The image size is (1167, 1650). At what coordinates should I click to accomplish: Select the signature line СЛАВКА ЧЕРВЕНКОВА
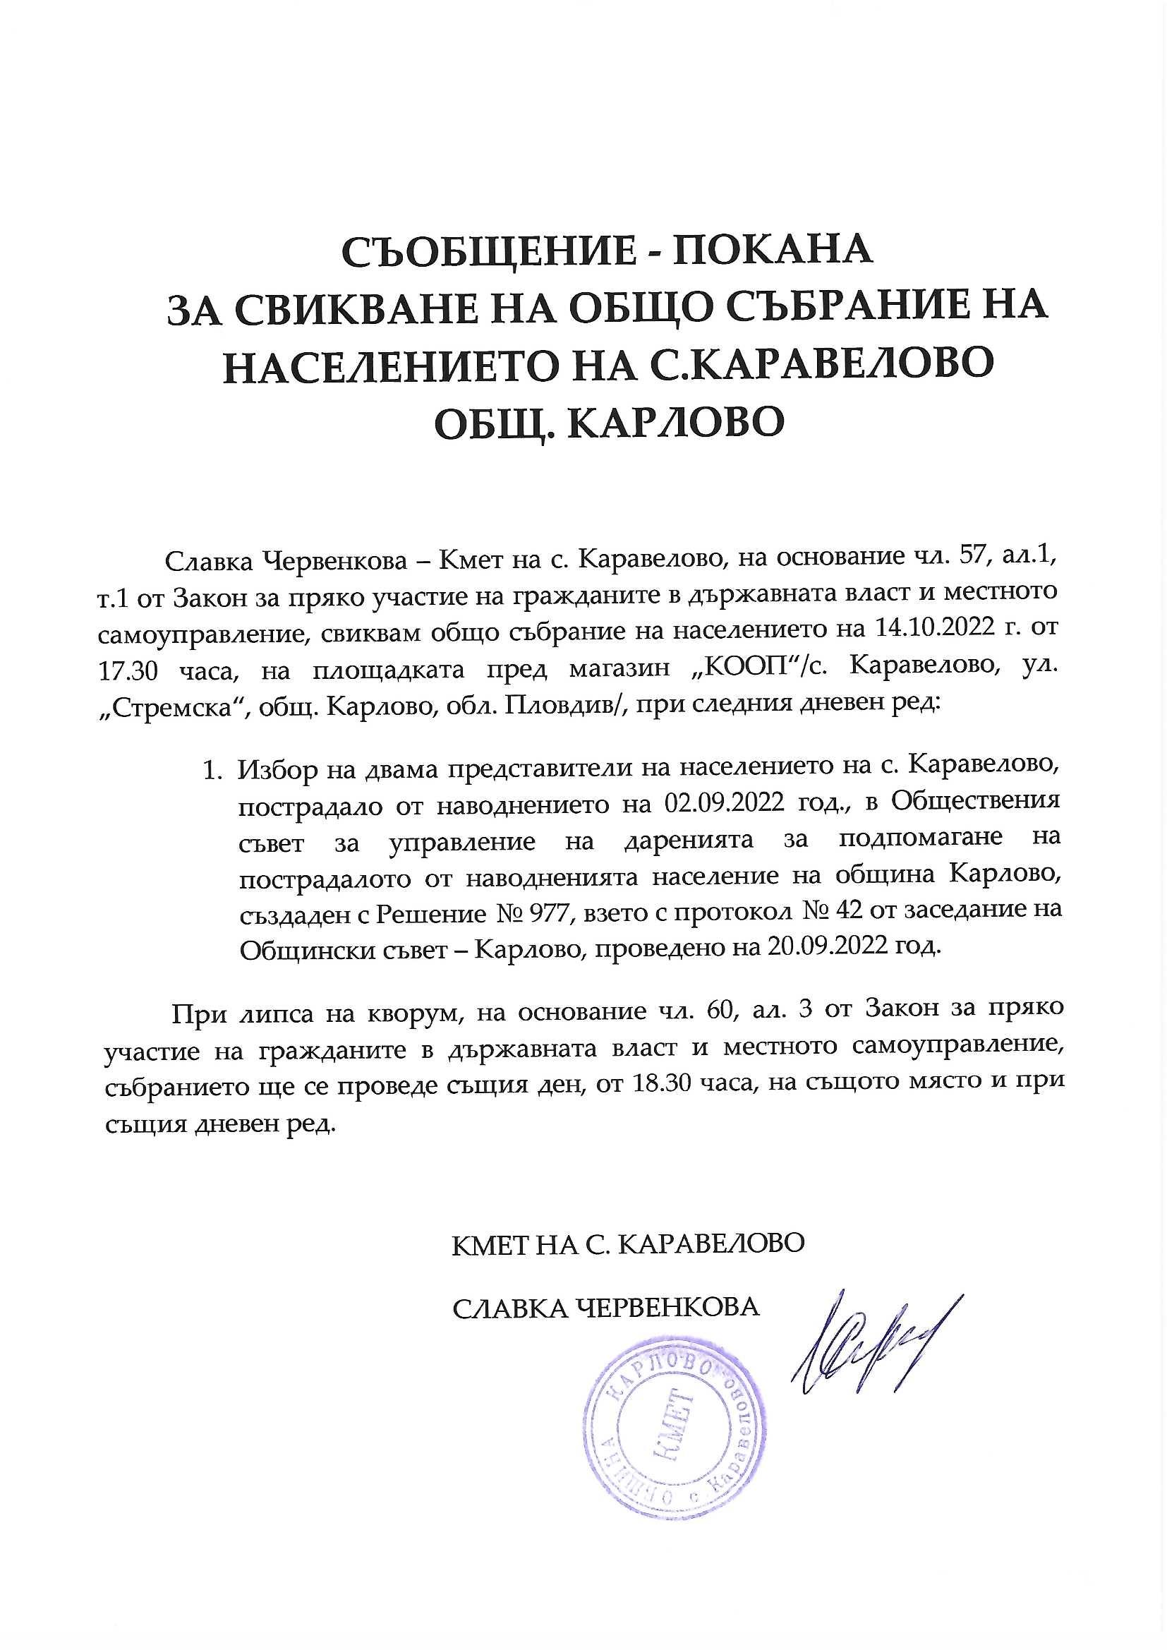pos(605,1306)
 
